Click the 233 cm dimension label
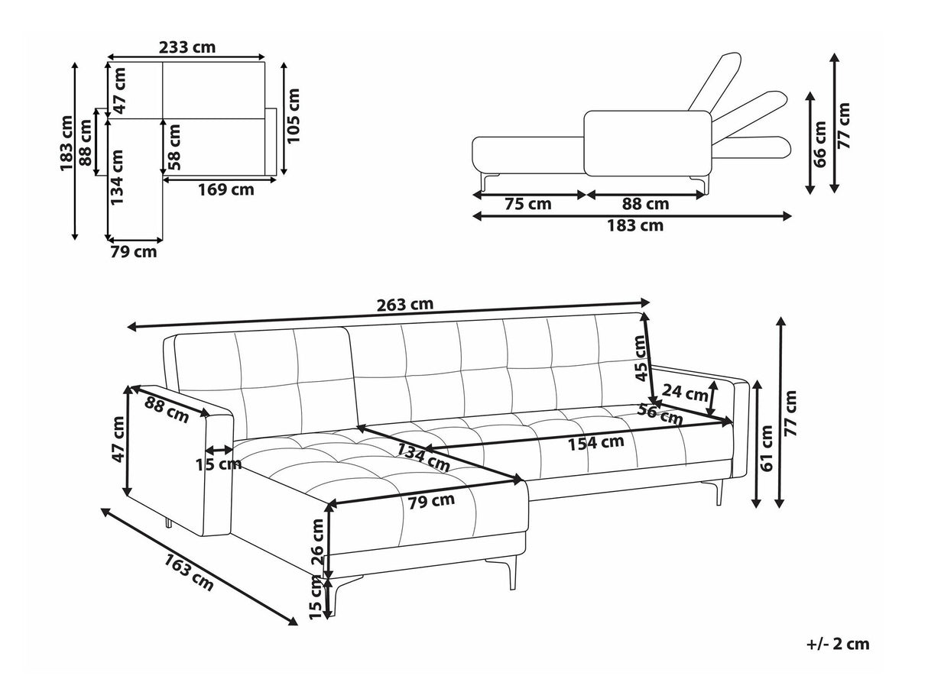(187, 47)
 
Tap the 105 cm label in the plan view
(294, 115)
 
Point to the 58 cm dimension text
(175, 147)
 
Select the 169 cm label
(226, 190)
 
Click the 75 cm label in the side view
(528, 204)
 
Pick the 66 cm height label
(820, 144)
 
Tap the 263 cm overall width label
(405, 304)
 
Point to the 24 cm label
(685, 394)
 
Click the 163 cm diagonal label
(189, 572)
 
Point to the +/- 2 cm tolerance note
(838, 644)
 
